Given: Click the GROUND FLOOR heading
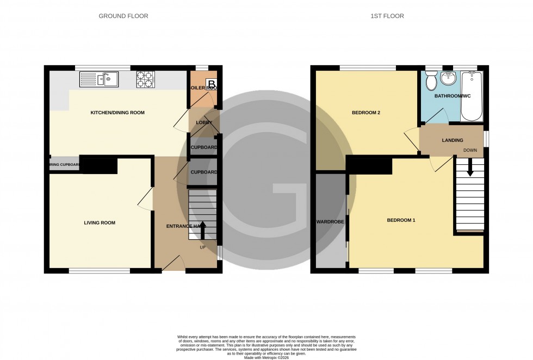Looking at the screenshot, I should (123, 16).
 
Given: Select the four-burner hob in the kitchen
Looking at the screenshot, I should (145, 79).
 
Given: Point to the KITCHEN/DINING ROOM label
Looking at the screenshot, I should (117, 113).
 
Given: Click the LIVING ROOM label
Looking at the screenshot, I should (100, 222).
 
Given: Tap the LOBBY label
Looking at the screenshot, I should (204, 123).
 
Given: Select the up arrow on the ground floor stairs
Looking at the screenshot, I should (203, 229).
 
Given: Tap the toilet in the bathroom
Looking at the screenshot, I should (431, 82).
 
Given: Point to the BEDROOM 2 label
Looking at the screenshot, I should (365, 113).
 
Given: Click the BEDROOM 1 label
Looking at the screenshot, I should (401, 220).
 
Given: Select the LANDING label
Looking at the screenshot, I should (452, 140).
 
